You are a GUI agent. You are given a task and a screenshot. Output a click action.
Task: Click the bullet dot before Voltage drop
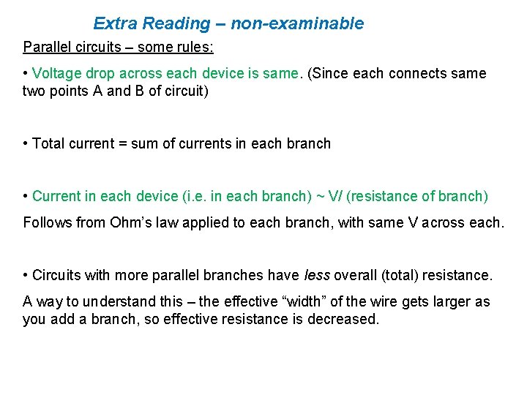[x=26, y=74]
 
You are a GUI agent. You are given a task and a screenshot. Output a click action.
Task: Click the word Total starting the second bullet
[x=48, y=143]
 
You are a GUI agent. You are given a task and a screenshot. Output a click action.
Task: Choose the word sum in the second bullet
[x=144, y=143]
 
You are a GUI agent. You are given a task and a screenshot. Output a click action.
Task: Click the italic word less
[x=317, y=275]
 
